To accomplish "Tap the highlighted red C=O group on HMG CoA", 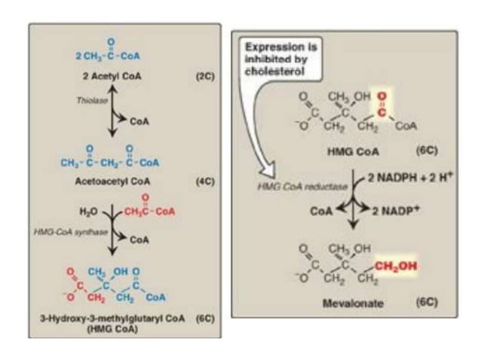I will click(380, 105).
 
